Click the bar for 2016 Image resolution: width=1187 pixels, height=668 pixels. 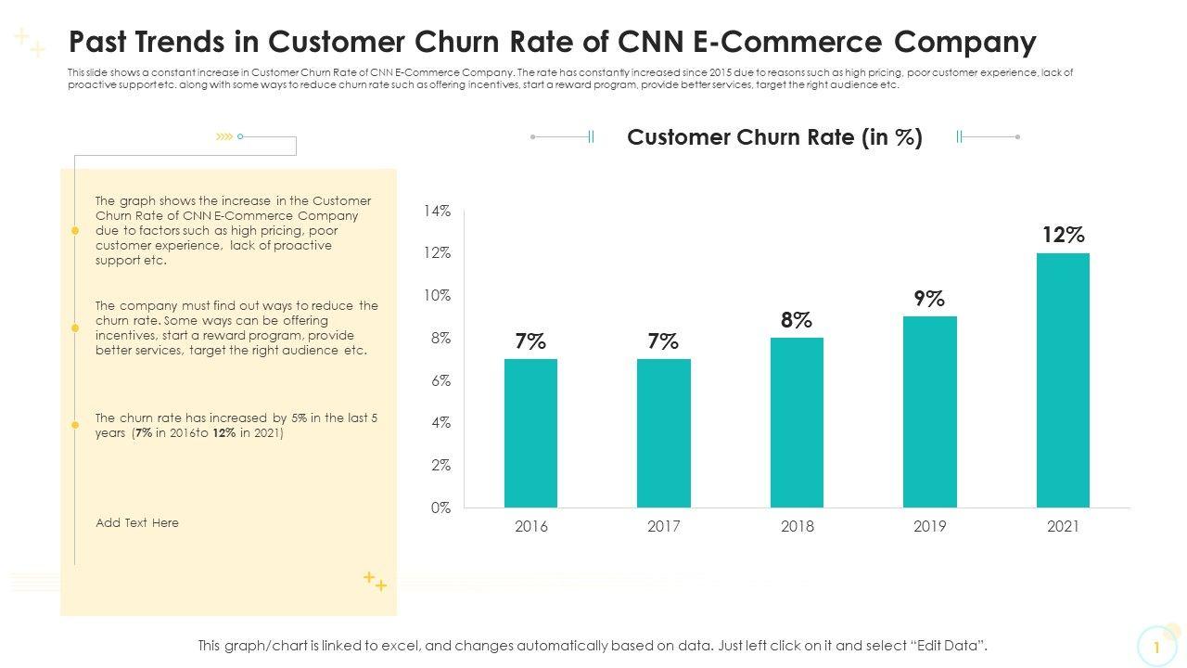tap(530, 433)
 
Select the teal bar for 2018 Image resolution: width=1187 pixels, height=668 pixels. tap(797, 422)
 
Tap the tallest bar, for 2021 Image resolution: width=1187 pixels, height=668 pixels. tap(1063, 380)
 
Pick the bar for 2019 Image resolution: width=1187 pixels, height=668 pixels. tap(929, 412)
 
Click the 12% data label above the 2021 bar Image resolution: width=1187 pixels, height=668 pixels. tap(1063, 235)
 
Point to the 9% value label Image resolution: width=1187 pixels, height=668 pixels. tap(929, 299)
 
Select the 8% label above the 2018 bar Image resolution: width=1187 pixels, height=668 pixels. tap(797, 320)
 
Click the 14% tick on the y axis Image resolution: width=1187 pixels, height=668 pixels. tap(437, 211)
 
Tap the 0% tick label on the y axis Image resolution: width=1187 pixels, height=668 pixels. tap(440, 507)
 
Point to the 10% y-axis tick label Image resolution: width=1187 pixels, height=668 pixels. tap(437, 296)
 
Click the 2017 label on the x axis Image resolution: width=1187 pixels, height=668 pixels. tap(664, 527)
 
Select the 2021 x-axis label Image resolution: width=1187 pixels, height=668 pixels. tap(1063, 527)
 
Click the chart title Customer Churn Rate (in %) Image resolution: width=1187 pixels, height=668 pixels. tap(774, 137)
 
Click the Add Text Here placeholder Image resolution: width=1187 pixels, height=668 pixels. tap(137, 523)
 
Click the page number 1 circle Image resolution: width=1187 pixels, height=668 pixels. tap(1156, 647)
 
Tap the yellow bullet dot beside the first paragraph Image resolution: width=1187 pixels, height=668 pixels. tap(75, 230)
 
